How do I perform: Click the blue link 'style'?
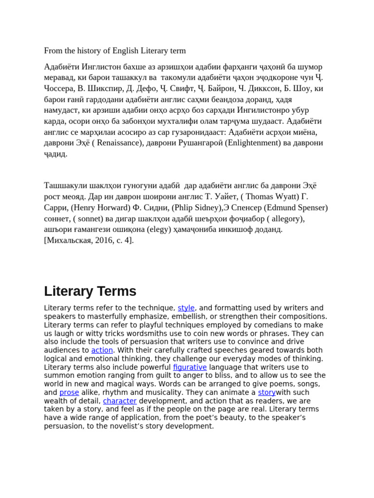(x=186, y=308)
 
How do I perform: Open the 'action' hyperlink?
(x=102, y=350)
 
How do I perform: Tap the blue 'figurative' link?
(x=190, y=367)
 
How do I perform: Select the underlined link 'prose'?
(x=69, y=392)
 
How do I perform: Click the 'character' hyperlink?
(x=120, y=401)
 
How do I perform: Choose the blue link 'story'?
(x=267, y=392)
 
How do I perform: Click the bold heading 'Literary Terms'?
(x=90, y=291)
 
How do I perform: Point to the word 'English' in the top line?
(x=126, y=51)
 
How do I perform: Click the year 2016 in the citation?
(x=103, y=240)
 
